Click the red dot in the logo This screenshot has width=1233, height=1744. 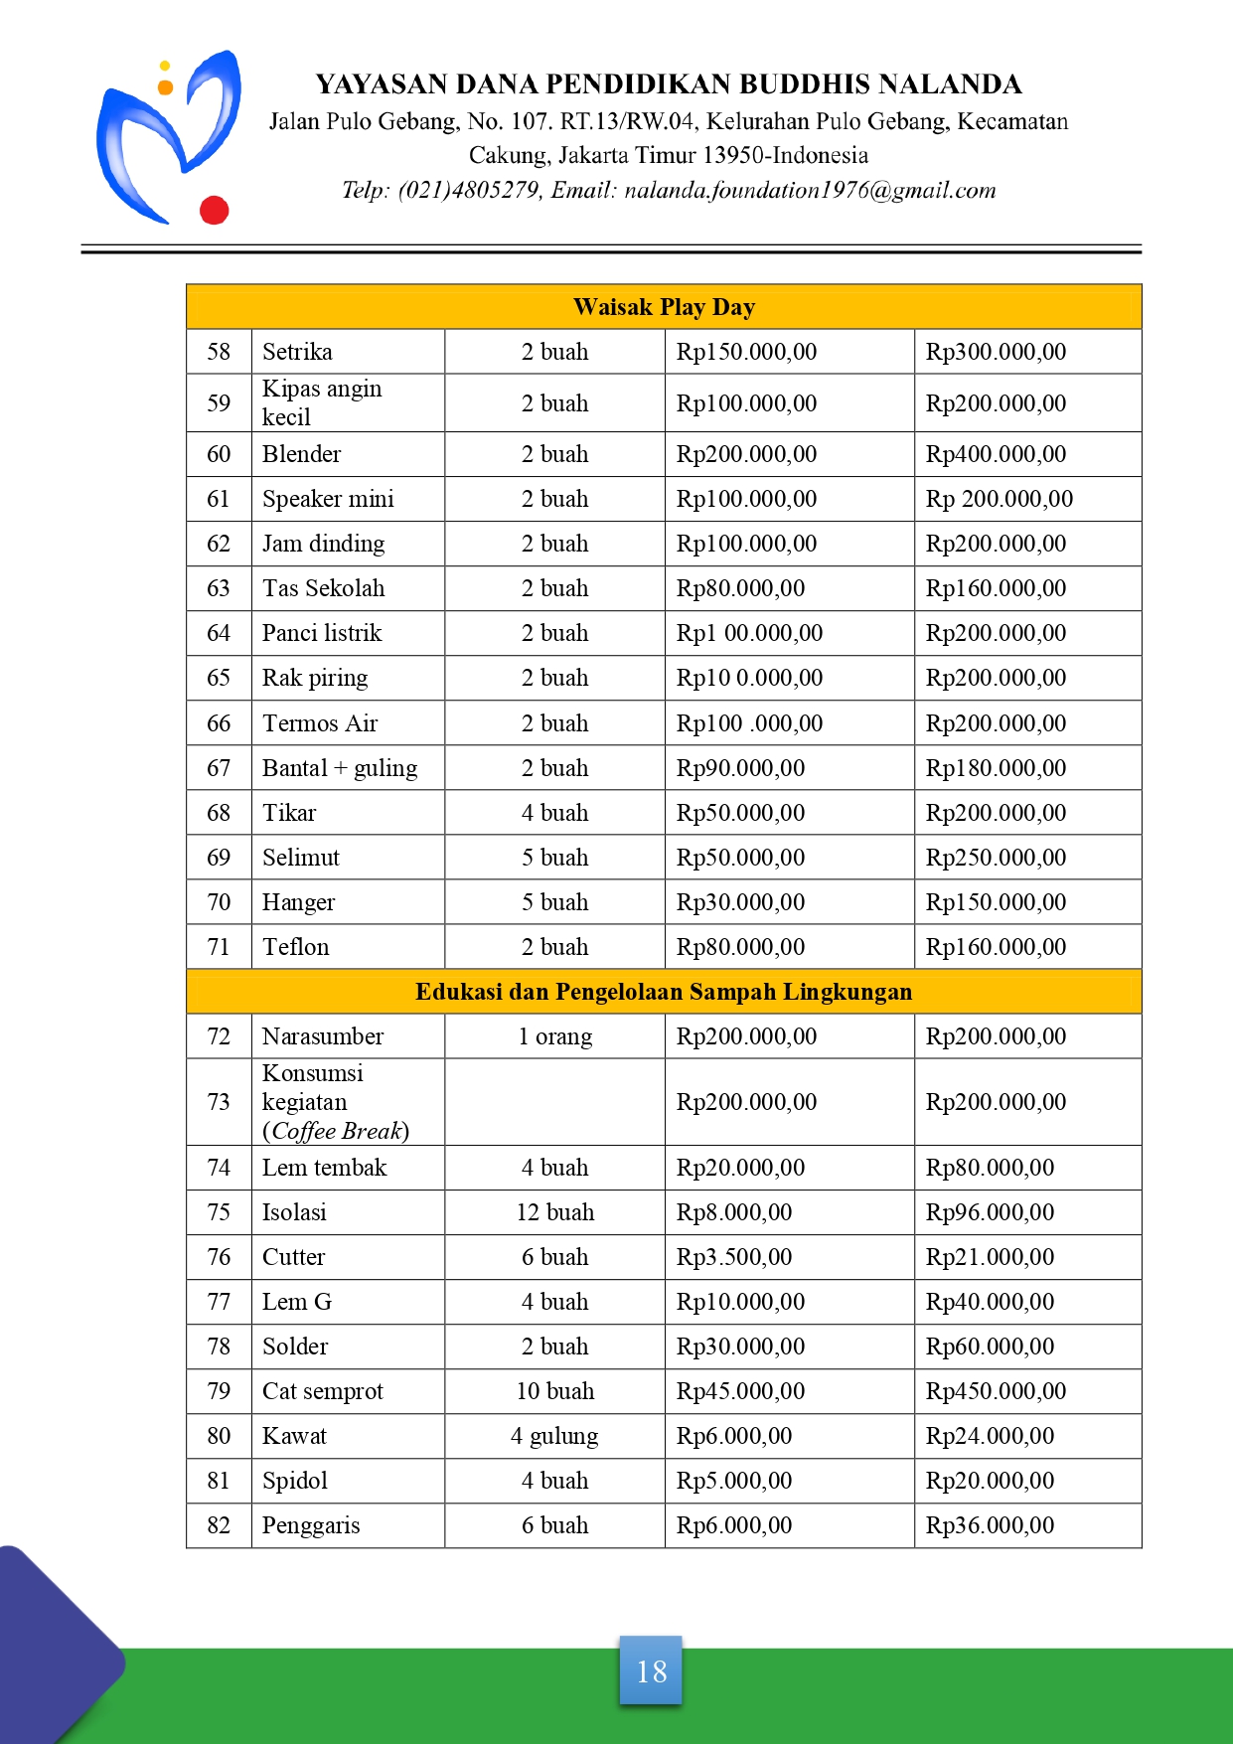pos(215,210)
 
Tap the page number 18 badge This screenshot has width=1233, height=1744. pos(651,1670)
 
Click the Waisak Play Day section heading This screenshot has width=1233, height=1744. pos(664,307)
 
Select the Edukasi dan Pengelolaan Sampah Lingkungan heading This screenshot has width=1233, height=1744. pos(664,992)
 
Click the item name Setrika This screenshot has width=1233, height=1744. pos(297,352)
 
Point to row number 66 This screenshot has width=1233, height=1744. pos(219,723)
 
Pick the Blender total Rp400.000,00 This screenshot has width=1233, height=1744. pos(996,454)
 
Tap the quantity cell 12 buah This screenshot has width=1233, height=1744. pos(554,1212)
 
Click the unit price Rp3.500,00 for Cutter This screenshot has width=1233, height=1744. pos(734,1257)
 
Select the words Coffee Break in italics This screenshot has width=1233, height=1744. pos(338,1131)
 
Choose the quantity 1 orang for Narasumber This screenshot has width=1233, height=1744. pos(554,1036)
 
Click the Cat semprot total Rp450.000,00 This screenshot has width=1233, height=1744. pos(996,1391)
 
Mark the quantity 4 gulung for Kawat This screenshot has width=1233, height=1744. pos(554,1436)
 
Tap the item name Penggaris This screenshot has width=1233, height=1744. pos(311,1525)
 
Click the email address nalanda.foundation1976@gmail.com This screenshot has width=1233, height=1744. pos(810,190)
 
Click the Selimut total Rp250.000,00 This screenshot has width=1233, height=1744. pos(996,858)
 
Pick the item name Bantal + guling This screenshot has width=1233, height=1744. pos(340,768)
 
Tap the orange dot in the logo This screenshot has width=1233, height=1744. pos(166,87)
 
